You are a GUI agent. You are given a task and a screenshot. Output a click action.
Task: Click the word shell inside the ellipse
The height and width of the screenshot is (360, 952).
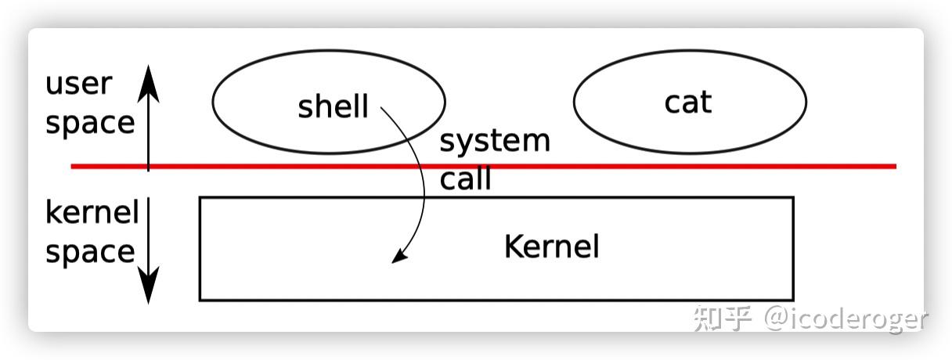tap(333, 106)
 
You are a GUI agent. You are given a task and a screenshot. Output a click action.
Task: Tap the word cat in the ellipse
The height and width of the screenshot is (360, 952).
tap(687, 103)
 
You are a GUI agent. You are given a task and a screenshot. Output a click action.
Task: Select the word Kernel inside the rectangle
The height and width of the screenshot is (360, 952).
tap(552, 247)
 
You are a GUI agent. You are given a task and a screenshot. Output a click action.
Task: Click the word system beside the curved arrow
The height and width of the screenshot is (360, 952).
tap(495, 142)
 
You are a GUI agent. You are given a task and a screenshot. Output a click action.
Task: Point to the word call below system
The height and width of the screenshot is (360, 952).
tap(465, 178)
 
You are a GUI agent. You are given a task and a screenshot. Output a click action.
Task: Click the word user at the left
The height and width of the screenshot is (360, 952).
tap(78, 84)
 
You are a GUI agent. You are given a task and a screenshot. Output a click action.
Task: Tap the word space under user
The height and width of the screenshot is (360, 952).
tap(90, 124)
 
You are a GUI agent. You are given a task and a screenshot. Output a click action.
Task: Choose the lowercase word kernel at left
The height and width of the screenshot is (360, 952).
tap(92, 211)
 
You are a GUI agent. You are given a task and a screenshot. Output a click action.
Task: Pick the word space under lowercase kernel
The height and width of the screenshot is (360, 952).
tap(90, 253)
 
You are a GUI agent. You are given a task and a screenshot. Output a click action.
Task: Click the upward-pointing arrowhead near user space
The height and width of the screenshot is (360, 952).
tap(148, 85)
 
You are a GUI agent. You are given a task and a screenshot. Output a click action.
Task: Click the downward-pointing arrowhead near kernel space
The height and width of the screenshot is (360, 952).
tap(148, 285)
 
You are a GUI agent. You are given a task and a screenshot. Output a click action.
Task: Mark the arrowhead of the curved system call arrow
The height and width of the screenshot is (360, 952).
tap(398, 256)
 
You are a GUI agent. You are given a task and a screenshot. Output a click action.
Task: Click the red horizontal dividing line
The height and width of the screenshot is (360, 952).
tap(483, 166)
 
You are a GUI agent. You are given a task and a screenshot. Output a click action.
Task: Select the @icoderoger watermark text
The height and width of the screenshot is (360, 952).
tap(846, 319)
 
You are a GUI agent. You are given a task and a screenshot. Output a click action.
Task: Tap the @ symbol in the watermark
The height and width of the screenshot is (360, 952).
tap(777, 319)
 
